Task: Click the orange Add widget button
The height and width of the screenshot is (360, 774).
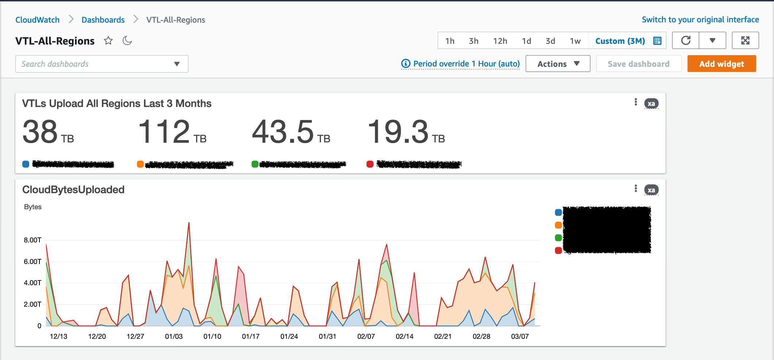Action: pyautogui.click(x=721, y=64)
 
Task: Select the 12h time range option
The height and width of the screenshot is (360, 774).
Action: pyautogui.click(x=500, y=41)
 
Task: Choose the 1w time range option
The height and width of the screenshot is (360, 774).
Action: pyautogui.click(x=575, y=41)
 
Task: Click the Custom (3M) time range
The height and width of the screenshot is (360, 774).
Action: pyautogui.click(x=620, y=41)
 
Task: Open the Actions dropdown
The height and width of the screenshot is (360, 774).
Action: pyautogui.click(x=557, y=64)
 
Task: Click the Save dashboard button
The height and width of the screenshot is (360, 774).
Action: pyautogui.click(x=638, y=64)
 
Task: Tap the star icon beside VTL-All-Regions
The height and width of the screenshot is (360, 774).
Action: pyautogui.click(x=108, y=41)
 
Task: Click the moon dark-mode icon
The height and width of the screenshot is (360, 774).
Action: pyautogui.click(x=127, y=41)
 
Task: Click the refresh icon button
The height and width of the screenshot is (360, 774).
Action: pyautogui.click(x=686, y=41)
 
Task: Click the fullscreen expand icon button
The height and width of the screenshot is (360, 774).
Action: pyautogui.click(x=745, y=41)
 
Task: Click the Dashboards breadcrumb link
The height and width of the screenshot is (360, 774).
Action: pyautogui.click(x=103, y=20)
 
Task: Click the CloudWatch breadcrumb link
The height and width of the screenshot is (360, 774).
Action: pyautogui.click(x=37, y=20)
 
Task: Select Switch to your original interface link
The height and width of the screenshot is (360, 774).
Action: pyautogui.click(x=700, y=20)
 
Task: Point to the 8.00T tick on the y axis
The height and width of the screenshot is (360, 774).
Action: pyautogui.click(x=32, y=240)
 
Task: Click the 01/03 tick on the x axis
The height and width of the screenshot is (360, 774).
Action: pyautogui.click(x=174, y=336)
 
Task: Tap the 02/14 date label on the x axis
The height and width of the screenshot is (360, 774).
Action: pyautogui.click(x=405, y=336)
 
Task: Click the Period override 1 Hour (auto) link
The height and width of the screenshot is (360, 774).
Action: pyautogui.click(x=461, y=64)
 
